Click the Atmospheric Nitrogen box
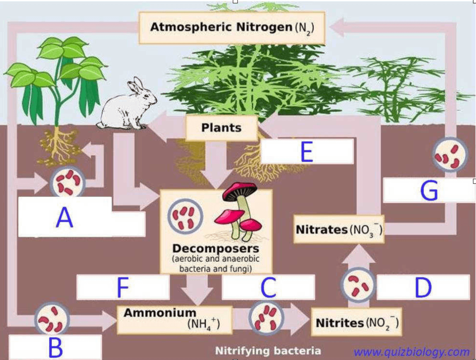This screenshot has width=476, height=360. [x=231, y=28]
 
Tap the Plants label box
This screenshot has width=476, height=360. [x=221, y=128]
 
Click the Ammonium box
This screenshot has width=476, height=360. [x=174, y=319]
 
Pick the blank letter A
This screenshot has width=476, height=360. [x=65, y=218]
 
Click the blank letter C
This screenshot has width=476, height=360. [x=268, y=287]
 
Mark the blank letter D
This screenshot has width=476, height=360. [x=423, y=287]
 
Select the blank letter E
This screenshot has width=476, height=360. [x=307, y=152]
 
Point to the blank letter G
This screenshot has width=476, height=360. [x=429, y=191]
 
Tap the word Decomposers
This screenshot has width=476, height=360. [x=216, y=249]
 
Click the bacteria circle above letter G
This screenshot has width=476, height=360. [x=449, y=154]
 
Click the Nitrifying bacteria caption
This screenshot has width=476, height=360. [x=268, y=351]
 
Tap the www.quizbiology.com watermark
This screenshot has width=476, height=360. [x=412, y=352]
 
